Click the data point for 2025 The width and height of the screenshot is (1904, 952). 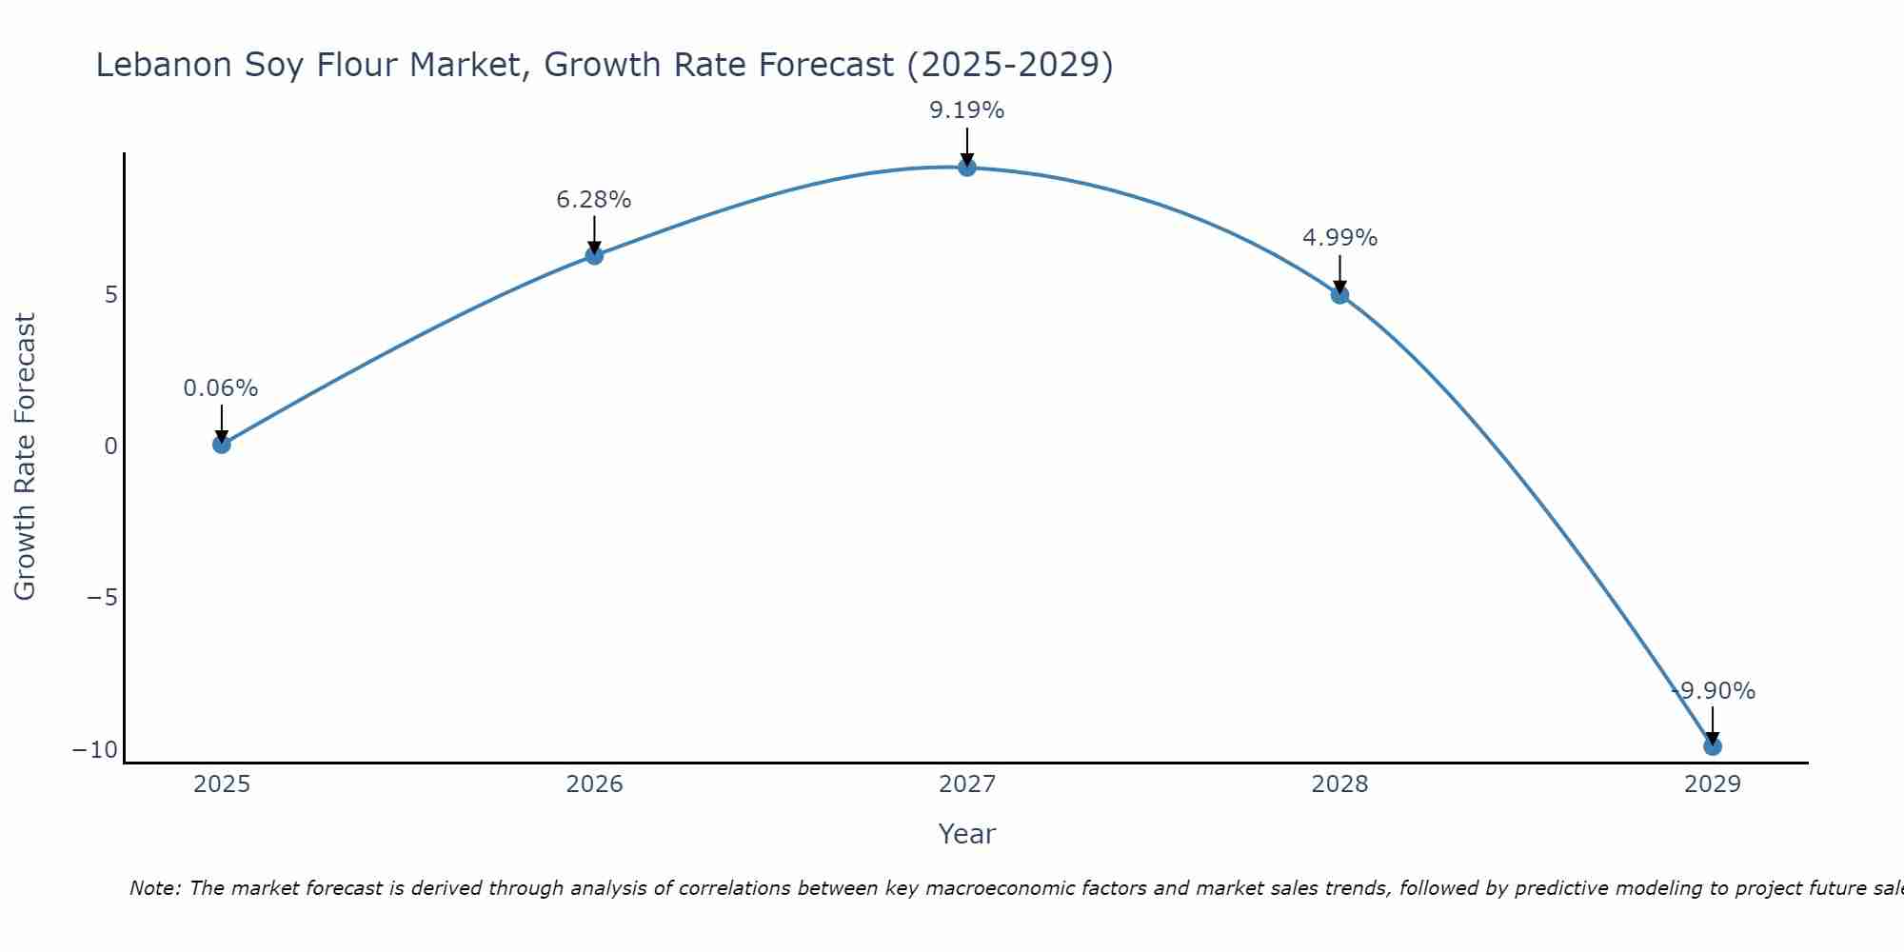tap(222, 444)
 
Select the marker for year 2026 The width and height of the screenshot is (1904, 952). tap(594, 255)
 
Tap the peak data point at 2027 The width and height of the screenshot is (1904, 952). tap(967, 168)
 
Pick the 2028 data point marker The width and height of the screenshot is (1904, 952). tap(1339, 295)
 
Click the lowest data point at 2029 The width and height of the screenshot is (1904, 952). tap(1713, 746)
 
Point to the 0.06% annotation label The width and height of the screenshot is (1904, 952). tap(220, 388)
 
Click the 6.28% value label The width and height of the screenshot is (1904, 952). tap(593, 200)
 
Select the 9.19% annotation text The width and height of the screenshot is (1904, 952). tap(966, 110)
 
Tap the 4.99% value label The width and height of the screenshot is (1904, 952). tap(1339, 238)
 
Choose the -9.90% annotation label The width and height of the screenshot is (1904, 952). tap(1713, 691)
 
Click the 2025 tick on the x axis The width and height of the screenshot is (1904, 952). tap(222, 784)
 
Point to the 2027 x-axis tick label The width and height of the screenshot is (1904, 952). tap(967, 784)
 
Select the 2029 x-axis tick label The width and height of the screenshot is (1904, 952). tap(1713, 784)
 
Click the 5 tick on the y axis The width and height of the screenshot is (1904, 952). tap(111, 295)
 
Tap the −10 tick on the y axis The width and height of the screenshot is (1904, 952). tap(95, 750)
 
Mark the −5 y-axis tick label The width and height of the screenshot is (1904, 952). tap(102, 598)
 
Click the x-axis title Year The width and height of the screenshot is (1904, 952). tap(966, 834)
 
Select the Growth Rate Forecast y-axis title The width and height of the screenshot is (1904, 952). tap(25, 457)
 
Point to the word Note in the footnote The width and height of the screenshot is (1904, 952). tap(153, 888)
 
